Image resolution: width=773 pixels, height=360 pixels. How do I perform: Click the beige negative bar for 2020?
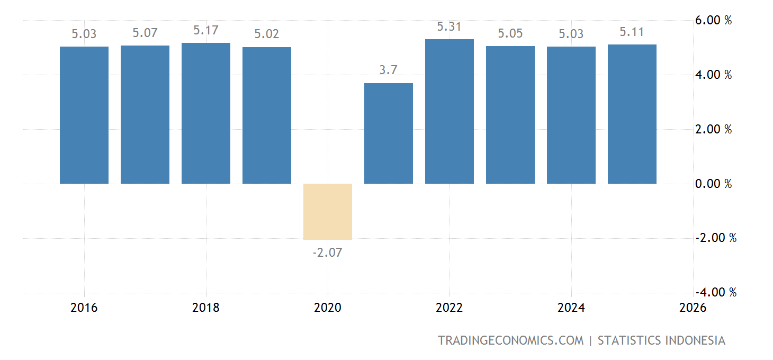tap(327, 212)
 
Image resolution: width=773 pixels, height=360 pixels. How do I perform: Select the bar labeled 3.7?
tap(389, 133)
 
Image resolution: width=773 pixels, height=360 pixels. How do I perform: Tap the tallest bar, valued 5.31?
tap(450, 112)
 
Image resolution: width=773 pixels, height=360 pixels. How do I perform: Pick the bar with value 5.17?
tap(206, 113)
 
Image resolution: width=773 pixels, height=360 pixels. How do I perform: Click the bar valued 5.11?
tap(632, 114)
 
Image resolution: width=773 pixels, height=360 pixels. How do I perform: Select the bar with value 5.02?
tap(267, 115)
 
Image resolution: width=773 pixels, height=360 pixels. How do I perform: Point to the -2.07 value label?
tap(327, 253)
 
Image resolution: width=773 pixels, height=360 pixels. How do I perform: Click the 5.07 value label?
tap(145, 33)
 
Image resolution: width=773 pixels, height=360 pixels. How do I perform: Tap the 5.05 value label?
tap(510, 33)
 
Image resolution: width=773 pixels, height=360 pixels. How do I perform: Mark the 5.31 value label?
tap(450, 26)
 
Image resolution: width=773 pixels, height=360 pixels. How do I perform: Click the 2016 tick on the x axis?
tap(84, 308)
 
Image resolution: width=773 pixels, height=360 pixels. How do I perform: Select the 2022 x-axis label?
tap(450, 308)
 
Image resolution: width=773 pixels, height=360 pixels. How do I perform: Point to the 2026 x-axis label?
tap(693, 308)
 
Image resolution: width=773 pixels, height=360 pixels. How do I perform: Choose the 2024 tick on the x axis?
tap(571, 308)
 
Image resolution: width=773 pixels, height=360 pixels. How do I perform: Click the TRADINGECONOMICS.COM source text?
tap(510, 340)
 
